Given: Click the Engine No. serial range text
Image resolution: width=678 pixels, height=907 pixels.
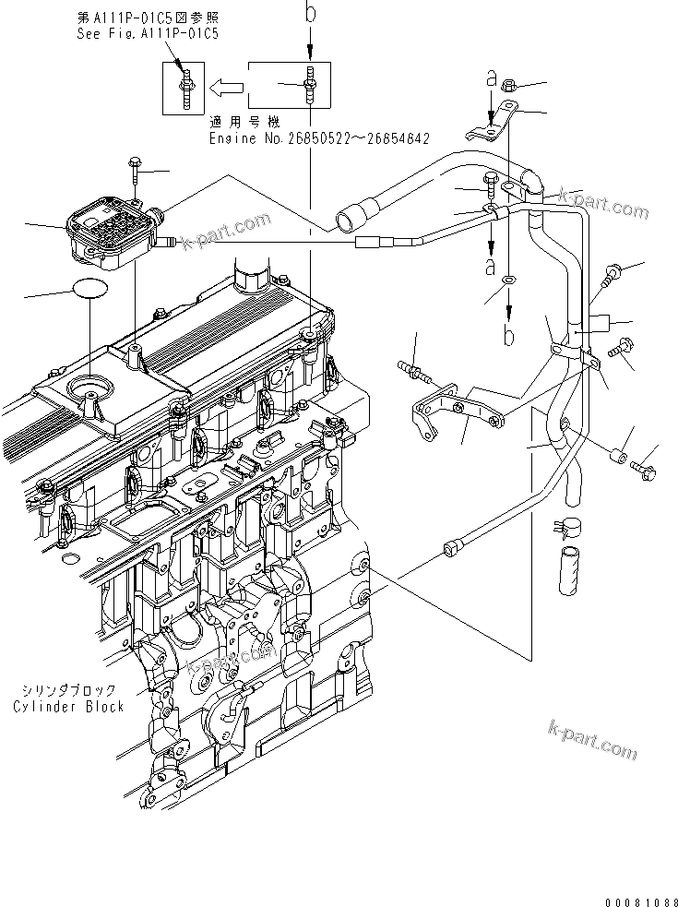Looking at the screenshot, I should coord(319,137).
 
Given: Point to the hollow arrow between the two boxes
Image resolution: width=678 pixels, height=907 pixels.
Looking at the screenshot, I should coord(225,89).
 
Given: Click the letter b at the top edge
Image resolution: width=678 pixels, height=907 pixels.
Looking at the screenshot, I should coord(310,13).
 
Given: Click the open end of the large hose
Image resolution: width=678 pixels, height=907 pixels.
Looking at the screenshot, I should coord(348,221).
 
